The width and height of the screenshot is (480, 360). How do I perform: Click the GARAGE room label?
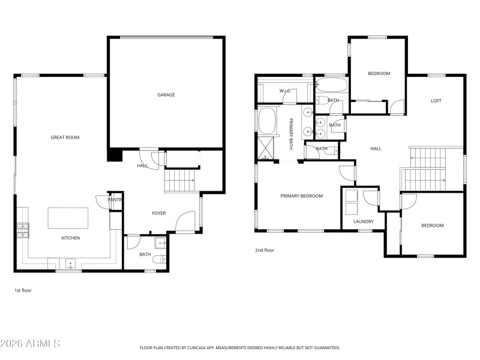pos(166,95)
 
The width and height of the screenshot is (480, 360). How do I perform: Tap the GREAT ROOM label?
pos(65,137)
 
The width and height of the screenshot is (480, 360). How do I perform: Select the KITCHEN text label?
pos(70,238)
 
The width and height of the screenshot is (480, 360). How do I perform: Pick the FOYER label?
pos(158,213)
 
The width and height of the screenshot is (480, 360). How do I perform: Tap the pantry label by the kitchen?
pos(115,200)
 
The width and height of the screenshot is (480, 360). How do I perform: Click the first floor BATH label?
pos(145,255)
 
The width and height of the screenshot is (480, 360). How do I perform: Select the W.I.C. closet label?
pos(285,91)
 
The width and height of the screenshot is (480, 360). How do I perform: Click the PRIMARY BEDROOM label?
pos(301,196)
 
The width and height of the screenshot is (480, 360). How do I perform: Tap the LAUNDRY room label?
pos(364,221)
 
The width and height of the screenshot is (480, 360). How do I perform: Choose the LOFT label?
pos(436,101)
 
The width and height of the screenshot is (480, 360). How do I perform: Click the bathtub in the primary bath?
pos(266,121)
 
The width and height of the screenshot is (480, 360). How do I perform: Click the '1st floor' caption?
pos(23,290)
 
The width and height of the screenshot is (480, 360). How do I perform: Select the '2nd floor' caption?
pos(265,250)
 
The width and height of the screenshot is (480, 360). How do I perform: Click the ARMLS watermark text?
pos(30,344)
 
